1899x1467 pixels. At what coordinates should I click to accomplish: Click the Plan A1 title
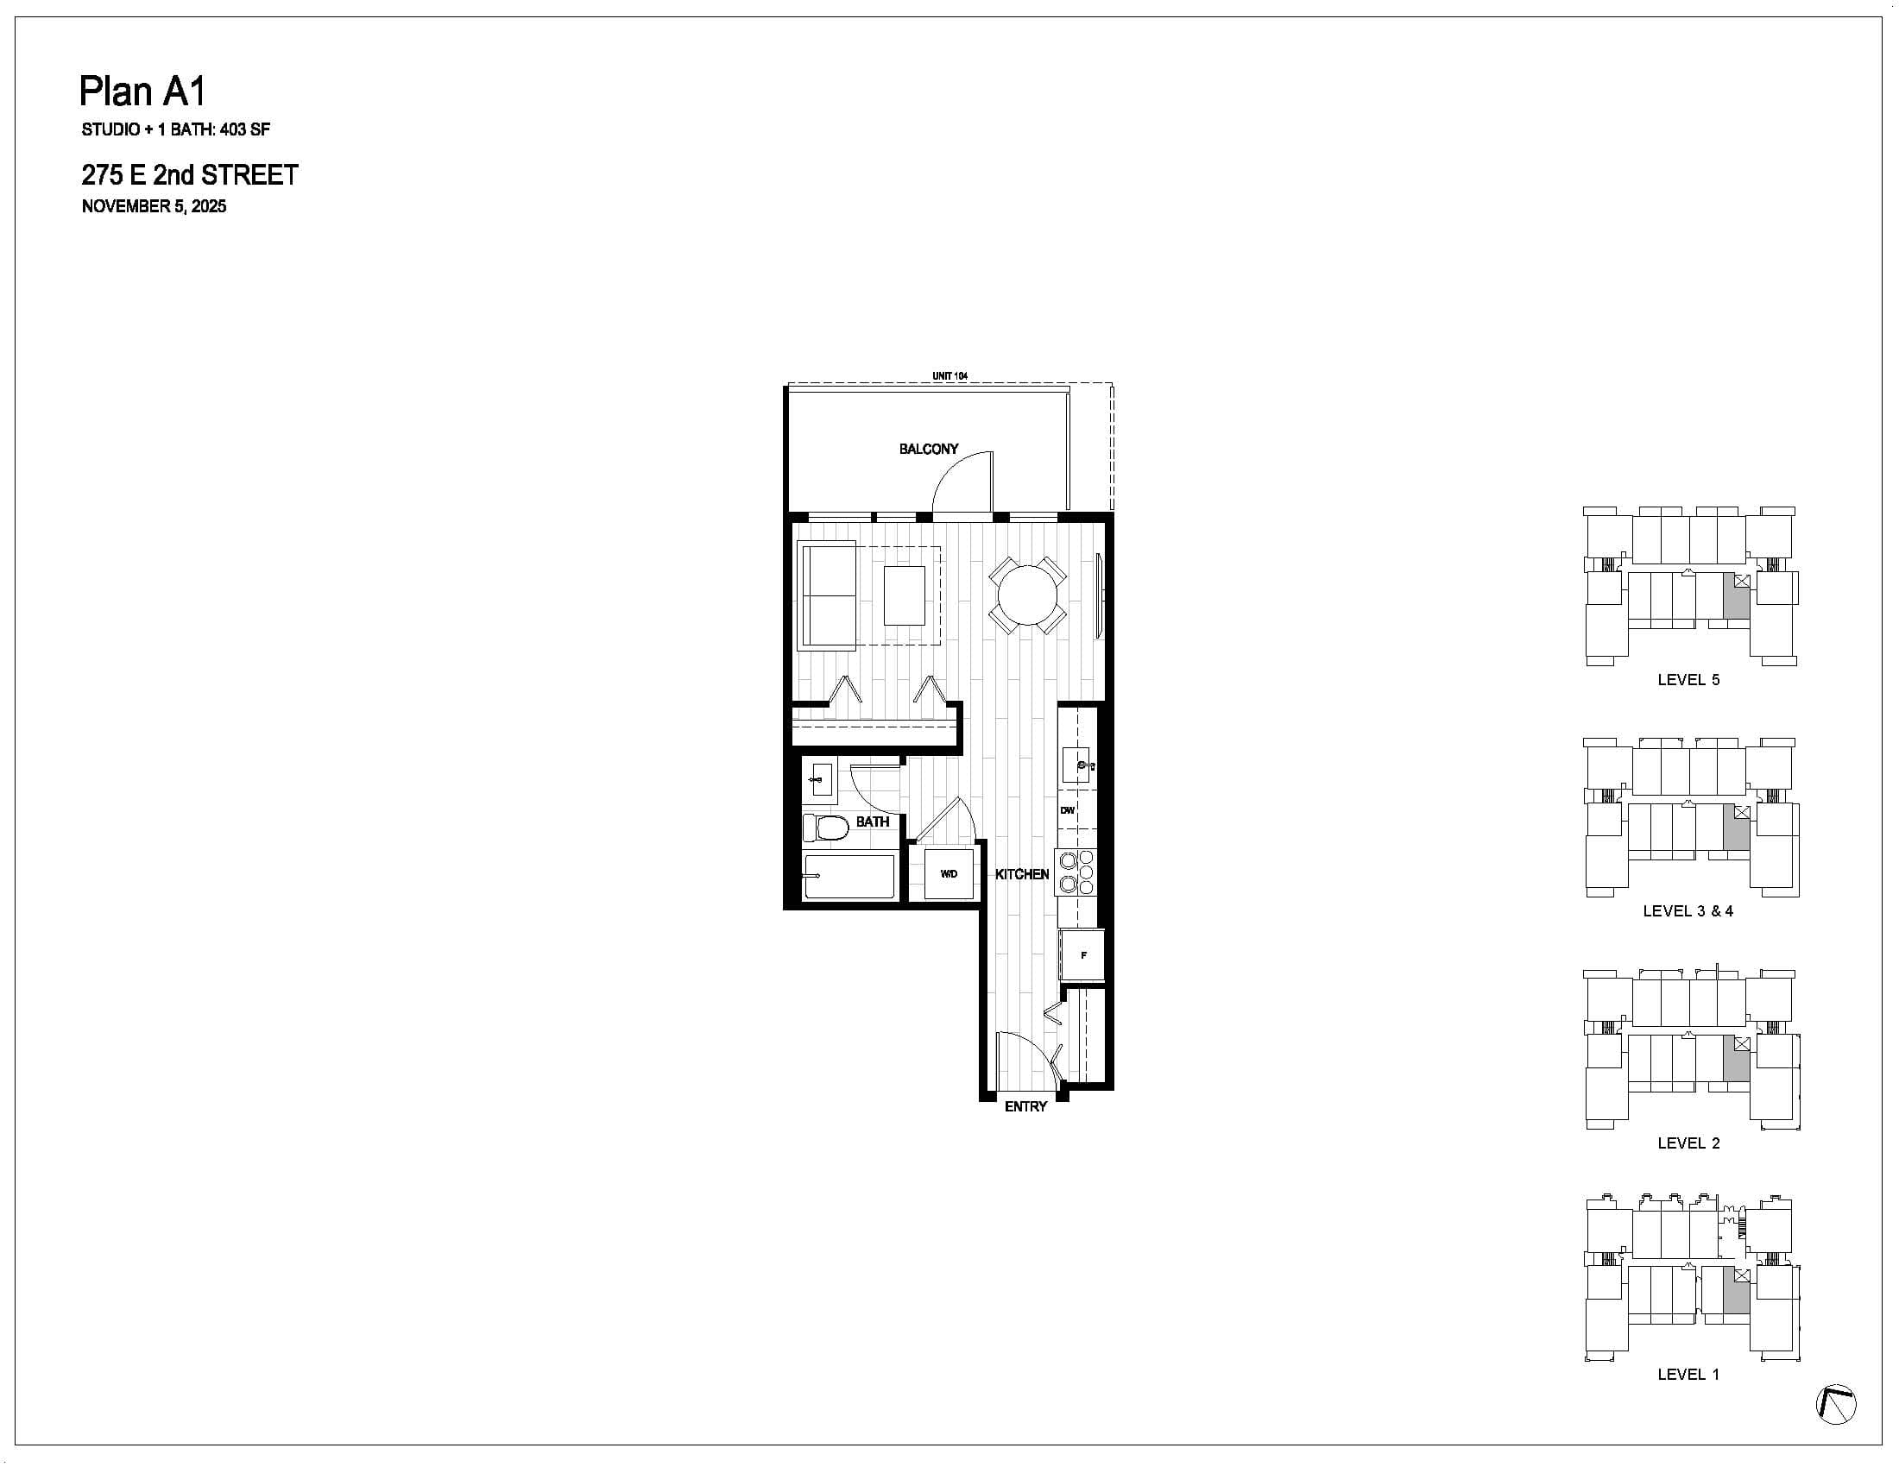[143, 91]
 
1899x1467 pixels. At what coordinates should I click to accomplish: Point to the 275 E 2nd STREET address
[190, 175]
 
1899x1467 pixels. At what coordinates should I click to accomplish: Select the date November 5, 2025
[154, 207]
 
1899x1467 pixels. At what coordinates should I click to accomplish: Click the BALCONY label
[929, 450]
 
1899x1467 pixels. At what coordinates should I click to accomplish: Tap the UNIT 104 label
[949, 376]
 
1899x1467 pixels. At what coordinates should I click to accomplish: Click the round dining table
[1028, 595]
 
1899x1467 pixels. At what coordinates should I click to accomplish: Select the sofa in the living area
[827, 595]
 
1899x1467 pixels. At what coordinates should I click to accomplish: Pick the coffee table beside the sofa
[905, 595]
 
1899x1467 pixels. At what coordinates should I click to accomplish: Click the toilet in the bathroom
[825, 828]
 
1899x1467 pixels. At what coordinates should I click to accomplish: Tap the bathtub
[849, 876]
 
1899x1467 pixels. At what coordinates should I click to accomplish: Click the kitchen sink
[1076, 765]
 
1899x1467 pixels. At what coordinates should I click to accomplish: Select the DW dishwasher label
[1068, 811]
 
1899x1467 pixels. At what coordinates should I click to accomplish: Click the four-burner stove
[1076, 872]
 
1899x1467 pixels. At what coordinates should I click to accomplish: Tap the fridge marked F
[1082, 955]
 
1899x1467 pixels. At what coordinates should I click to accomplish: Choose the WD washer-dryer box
[949, 873]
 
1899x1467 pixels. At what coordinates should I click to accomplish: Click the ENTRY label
[1025, 1106]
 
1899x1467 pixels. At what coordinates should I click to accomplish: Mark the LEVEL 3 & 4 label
[1688, 910]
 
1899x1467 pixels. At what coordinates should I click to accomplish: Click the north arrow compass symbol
[1835, 1404]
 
